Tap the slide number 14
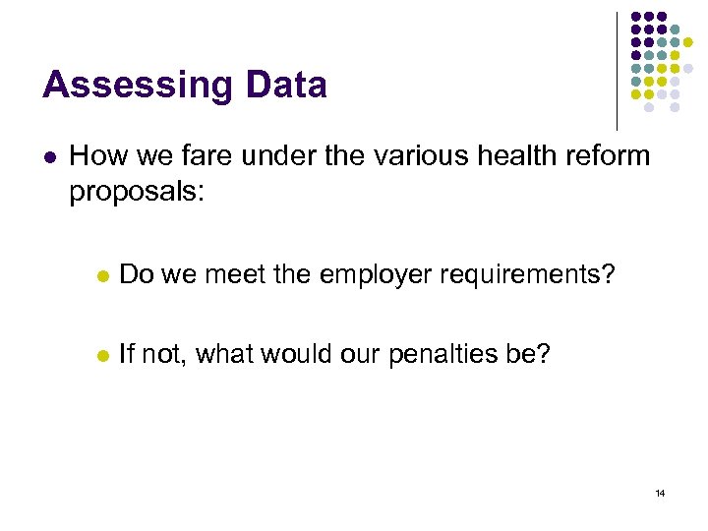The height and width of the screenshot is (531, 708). [660, 492]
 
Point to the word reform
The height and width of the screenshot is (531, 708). [607, 155]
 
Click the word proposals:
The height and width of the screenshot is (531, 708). [137, 192]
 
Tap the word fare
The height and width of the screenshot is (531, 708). [184, 155]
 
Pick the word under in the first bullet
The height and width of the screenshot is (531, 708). [252, 155]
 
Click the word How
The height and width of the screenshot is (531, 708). [94, 155]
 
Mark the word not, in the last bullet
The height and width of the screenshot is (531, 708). [165, 354]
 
